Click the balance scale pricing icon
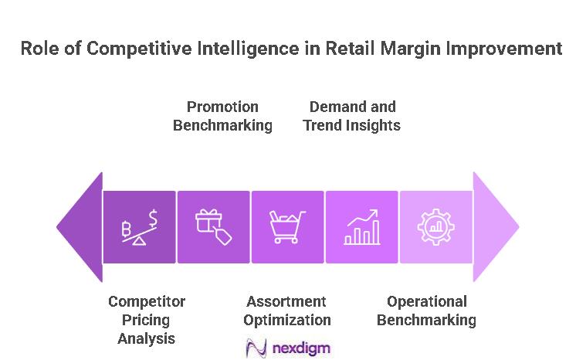[x=139, y=227]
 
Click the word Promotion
[x=222, y=107]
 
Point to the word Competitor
[x=147, y=301]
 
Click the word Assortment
[x=286, y=301]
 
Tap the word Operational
[x=427, y=301]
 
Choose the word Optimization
[x=287, y=320]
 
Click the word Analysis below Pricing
[x=147, y=338]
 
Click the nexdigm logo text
[x=301, y=348]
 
